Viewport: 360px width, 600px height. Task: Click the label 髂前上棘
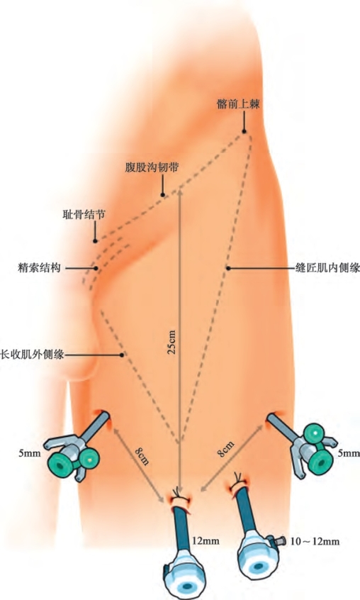pos(238,104)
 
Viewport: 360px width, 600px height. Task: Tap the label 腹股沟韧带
pos(152,167)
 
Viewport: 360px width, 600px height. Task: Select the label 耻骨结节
pos(84,214)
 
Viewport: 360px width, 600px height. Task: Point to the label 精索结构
pos(39,267)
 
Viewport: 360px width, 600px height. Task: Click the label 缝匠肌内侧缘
pos(327,268)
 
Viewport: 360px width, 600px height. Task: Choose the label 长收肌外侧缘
pos(32,355)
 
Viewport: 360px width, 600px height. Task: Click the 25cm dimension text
pos(172,342)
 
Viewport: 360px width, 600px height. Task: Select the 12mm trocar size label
pos(206,540)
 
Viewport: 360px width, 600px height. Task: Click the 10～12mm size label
pos(315,541)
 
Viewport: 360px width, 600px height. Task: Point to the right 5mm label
pos(349,453)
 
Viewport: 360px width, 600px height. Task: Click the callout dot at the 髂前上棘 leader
pos(244,132)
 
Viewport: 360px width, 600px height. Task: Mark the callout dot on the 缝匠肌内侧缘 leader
pos(228,268)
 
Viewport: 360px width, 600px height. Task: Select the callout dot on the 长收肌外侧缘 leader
pos(122,355)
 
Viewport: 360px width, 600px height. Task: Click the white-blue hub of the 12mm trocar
pos(184,573)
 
